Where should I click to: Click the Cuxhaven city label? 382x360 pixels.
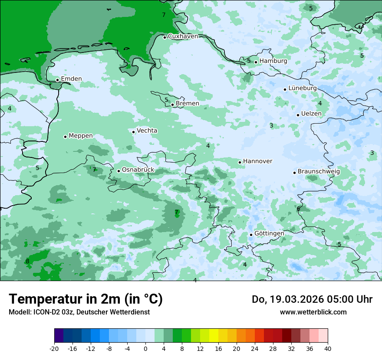click(183, 36)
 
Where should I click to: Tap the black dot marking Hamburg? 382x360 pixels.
click(256, 62)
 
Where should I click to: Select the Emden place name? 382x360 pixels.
click(71, 79)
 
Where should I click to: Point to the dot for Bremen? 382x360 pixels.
click(172, 105)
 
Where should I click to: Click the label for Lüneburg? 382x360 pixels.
click(303, 88)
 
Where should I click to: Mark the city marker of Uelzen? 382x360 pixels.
click(298, 115)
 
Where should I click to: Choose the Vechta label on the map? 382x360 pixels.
click(147, 131)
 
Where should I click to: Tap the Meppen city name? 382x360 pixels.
click(80, 136)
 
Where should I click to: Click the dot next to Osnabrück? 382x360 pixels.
click(119, 171)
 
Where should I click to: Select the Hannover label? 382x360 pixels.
click(257, 161)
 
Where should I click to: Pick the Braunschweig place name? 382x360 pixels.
click(319, 171)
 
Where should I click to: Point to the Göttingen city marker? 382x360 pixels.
click(251, 235)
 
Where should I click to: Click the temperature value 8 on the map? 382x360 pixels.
click(27, 261)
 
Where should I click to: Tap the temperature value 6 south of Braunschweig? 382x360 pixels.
click(298, 209)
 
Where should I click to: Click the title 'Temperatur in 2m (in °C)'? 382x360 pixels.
click(86, 299)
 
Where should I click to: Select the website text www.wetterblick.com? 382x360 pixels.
click(313, 312)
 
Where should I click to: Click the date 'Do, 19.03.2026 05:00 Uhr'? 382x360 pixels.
click(312, 299)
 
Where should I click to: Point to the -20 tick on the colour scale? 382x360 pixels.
click(54, 348)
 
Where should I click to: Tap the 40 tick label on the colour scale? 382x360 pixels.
click(328, 348)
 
